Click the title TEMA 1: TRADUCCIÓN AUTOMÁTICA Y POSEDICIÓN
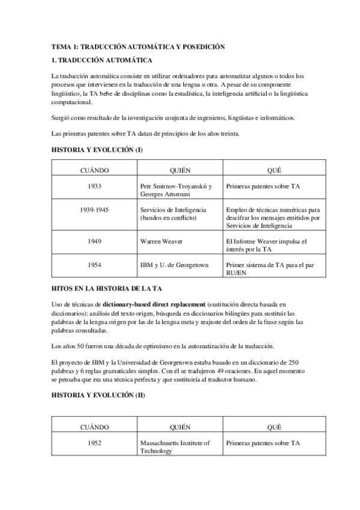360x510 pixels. [138, 47]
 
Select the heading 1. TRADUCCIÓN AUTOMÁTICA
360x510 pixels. [102, 60]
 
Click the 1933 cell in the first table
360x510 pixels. [94, 186]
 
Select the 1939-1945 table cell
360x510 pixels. [94, 209]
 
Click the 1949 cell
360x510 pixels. [94, 241]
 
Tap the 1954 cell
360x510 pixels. [94, 264]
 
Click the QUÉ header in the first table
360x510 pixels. [272, 170]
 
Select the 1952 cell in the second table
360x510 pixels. [94, 443]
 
